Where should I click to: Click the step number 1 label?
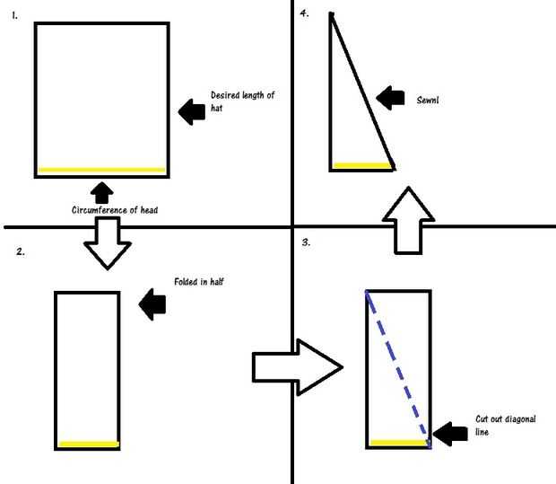point(14,15)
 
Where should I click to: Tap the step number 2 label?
point(21,251)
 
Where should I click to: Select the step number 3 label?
point(306,242)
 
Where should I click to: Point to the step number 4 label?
point(304,13)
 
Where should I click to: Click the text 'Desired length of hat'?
point(242,101)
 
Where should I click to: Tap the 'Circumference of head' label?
point(115,210)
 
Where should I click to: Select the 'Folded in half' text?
point(199,282)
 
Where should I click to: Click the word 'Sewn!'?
point(428,101)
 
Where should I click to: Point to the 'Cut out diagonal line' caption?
point(506,426)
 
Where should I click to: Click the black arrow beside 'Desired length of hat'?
point(192,112)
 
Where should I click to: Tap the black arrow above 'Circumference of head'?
point(102,193)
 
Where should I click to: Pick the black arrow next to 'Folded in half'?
point(152,304)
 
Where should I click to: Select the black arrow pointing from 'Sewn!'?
point(390,98)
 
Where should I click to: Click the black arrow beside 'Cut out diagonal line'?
point(450,434)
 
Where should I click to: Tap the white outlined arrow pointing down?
point(108,243)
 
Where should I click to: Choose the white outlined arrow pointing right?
point(297,367)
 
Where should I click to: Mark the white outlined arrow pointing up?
point(408,221)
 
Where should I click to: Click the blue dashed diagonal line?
point(398,369)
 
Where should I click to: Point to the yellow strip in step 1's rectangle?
point(101,170)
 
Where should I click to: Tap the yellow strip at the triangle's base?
point(362,165)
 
